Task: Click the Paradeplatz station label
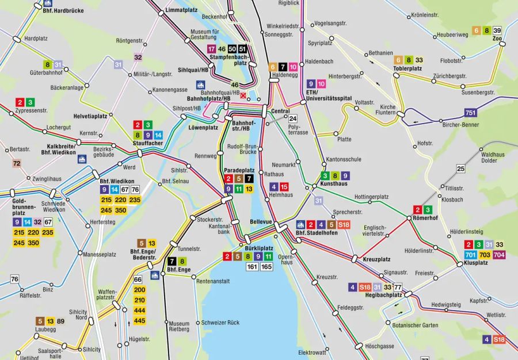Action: tap(239, 170)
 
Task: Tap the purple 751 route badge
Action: tap(471, 113)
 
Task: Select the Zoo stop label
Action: tap(497, 39)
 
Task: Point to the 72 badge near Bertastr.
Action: tap(17, 163)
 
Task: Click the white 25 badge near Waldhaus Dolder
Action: tap(460, 168)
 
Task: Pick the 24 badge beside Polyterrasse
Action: tap(292, 119)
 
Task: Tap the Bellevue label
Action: tap(261, 221)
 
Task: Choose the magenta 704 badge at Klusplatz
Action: tap(498, 255)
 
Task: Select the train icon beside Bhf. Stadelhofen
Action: tap(300, 224)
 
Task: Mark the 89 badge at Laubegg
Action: tap(60, 321)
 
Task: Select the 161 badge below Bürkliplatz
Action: tap(252, 267)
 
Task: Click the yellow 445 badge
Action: tap(139, 320)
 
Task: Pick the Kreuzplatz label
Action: tap(377, 260)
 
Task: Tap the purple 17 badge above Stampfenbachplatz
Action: tap(212, 49)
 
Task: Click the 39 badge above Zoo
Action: tap(497, 30)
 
